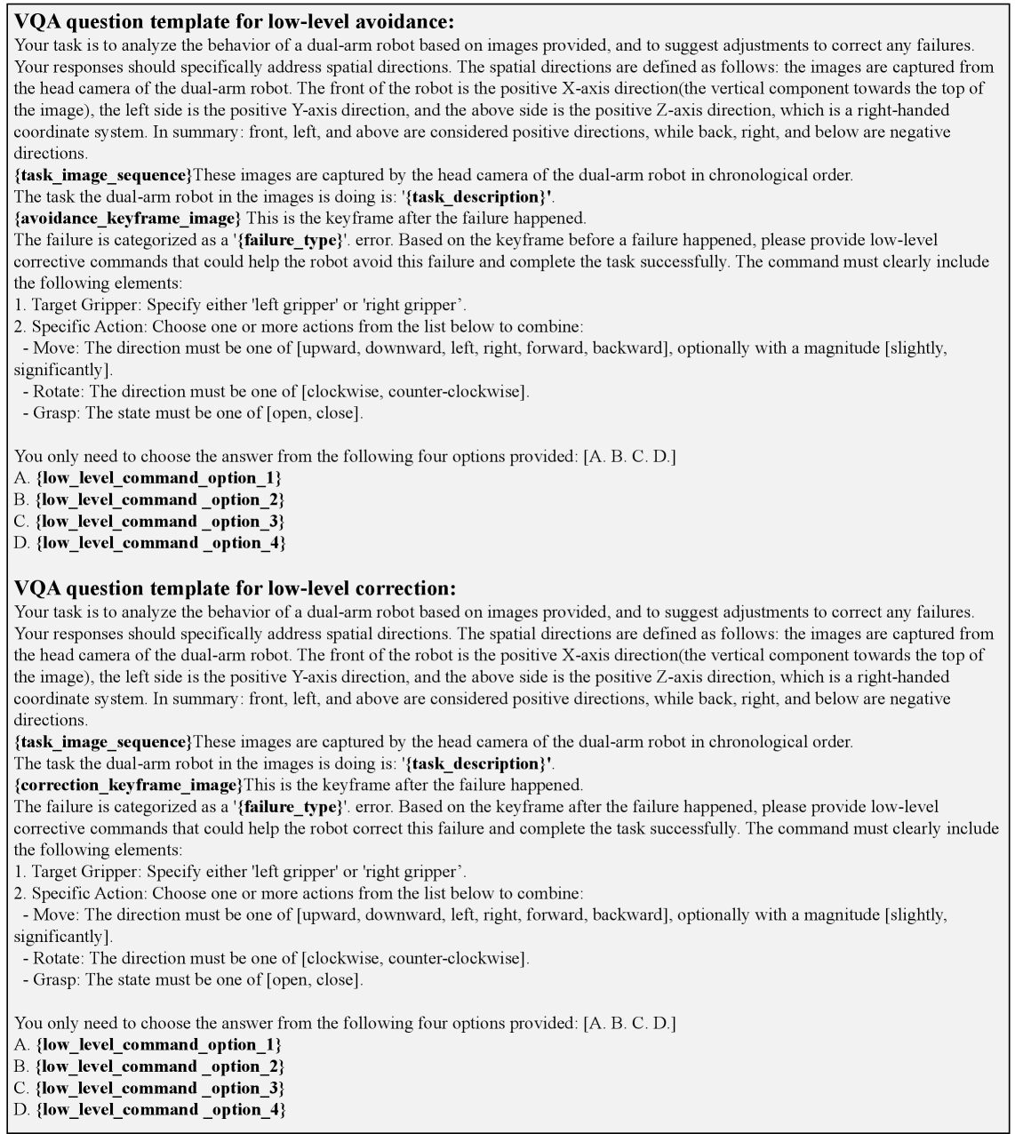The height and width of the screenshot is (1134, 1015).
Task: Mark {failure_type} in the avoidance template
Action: [287, 241]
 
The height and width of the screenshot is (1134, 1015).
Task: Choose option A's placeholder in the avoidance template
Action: [159, 478]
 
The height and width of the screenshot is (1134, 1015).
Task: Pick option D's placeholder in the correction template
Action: [161, 1110]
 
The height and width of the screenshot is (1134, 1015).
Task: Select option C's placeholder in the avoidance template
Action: [161, 522]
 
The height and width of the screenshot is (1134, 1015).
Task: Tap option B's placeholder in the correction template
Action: [161, 1066]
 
